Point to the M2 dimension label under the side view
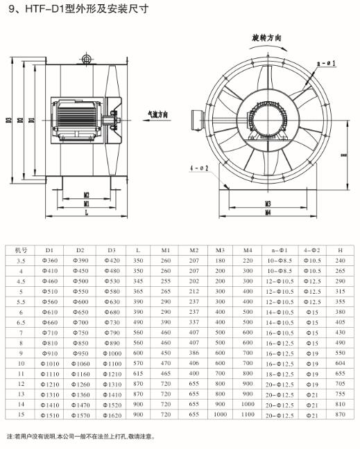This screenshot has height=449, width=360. (87, 195)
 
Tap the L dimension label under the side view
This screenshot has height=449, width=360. (87, 213)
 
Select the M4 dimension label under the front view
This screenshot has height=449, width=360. (268, 213)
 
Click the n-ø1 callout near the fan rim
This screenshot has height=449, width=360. (327, 63)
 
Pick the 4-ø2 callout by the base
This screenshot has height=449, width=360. (199, 168)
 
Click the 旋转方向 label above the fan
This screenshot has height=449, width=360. (266, 38)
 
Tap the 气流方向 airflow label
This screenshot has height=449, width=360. (157, 115)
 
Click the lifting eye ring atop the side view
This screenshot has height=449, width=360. (86, 59)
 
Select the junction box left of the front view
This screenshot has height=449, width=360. (198, 120)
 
